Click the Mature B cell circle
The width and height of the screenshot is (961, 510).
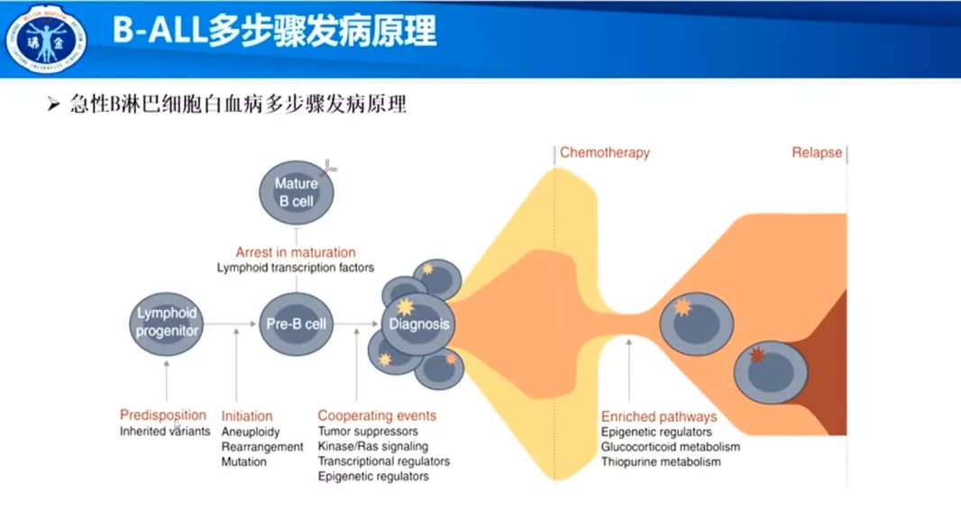click(297, 192)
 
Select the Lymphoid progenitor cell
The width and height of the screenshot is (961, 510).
click(167, 323)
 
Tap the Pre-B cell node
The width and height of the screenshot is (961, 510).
click(297, 323)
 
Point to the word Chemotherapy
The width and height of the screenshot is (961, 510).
click(604, 152)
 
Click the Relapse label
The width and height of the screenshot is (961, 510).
click(817, 152)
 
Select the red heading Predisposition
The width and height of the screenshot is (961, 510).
click(163, 415)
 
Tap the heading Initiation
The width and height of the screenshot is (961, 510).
click(247, 415)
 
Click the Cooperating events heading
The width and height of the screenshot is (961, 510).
click(377, 415)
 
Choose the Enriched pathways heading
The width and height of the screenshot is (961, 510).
click(659, 417)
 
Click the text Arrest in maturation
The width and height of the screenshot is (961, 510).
click(296, 252)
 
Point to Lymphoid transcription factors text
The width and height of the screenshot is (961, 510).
click(296, 268)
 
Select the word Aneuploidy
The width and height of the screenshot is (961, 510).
click(251, 432)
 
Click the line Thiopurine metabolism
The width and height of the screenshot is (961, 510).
click(661, 461)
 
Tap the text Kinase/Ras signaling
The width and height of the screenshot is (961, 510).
click(372, 446)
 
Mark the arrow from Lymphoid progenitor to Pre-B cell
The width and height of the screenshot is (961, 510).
click(230, 323)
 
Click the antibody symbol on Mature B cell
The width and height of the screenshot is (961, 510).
click(328, 167)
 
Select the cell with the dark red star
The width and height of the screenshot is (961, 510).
click(771, 372)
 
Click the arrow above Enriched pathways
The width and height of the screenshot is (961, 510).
click(629, 369)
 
